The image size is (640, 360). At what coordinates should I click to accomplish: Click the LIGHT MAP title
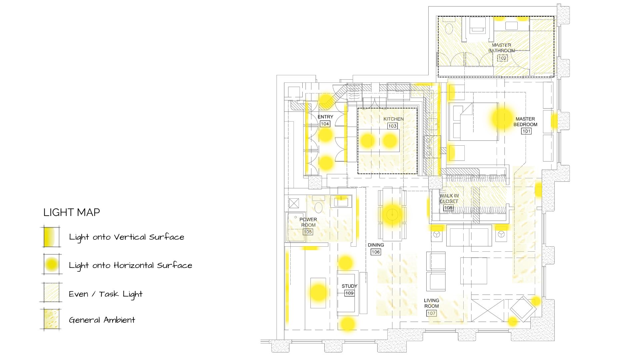72,212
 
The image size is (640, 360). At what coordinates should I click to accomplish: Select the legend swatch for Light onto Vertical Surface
51,237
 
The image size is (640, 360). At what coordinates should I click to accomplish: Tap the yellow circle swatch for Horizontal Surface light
52,264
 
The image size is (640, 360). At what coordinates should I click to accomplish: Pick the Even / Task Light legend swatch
51,292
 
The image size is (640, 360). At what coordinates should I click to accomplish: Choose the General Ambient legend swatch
51,319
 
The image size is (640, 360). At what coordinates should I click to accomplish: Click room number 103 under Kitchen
392,126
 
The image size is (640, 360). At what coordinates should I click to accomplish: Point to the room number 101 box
526,131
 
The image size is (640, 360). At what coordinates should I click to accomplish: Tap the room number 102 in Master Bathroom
502,58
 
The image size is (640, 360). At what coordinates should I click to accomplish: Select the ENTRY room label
325,117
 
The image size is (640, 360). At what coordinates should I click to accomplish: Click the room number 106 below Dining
376,252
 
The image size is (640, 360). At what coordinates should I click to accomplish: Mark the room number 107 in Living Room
431,313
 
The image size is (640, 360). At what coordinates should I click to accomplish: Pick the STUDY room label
349,286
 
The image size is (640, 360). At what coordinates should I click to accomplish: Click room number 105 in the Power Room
308,232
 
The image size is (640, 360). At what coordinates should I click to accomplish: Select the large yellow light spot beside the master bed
502,118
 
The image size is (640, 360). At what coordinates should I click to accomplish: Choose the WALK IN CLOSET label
449,199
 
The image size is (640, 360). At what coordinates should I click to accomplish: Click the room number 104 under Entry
325,124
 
